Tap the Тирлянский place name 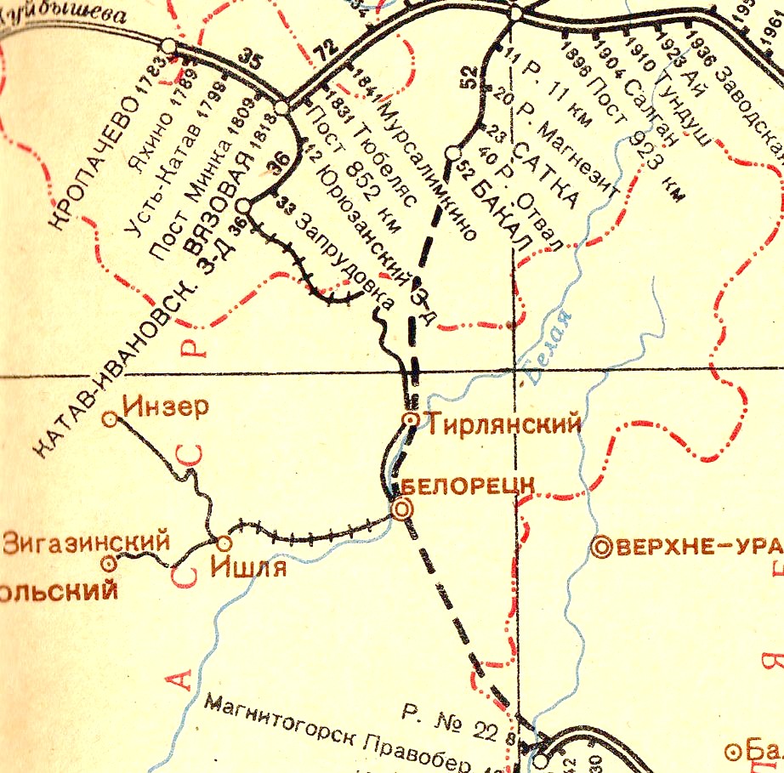point(504,423)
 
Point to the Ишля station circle point(224,543)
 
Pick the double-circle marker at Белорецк point(401,509)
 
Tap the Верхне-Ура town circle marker point(603,548)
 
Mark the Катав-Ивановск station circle point(243,206)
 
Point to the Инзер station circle point(110,418)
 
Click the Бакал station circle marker point(452,153)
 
